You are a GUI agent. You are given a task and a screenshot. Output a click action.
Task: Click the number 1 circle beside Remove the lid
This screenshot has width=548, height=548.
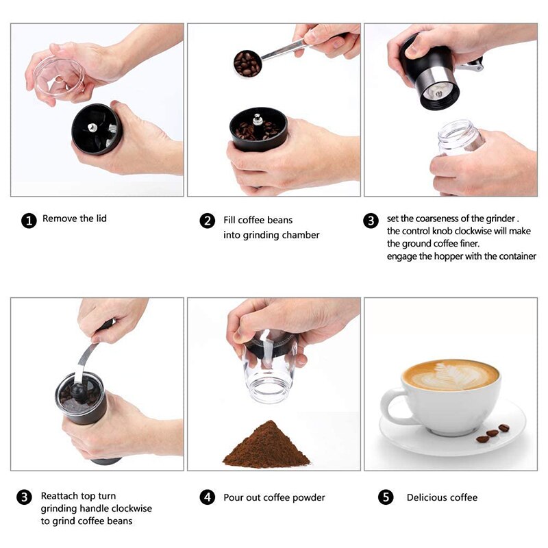pyautogui.click(x=29, y=221)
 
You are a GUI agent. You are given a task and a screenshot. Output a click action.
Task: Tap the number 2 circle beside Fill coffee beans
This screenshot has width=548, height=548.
pyautogui.click(x=208, y=221)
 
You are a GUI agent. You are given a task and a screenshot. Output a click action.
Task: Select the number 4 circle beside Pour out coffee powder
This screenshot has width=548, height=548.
pyautogui.click(x=208, y=497)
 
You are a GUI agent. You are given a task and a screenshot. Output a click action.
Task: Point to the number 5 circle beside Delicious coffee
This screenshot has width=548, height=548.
pyautogui.click(x=386, y=497)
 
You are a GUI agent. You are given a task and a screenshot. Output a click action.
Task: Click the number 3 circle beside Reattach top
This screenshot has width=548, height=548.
pyautogui.click(x=24, y=497)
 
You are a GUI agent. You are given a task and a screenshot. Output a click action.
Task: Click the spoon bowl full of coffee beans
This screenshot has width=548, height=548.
pyautogui.click(x=247, y=64)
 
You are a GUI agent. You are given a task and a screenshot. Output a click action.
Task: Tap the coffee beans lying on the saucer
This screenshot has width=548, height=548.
pyautogui.click(x=493, y=433)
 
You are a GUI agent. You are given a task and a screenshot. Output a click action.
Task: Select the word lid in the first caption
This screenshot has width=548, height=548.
pyautogui.click(x=100, y=219)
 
